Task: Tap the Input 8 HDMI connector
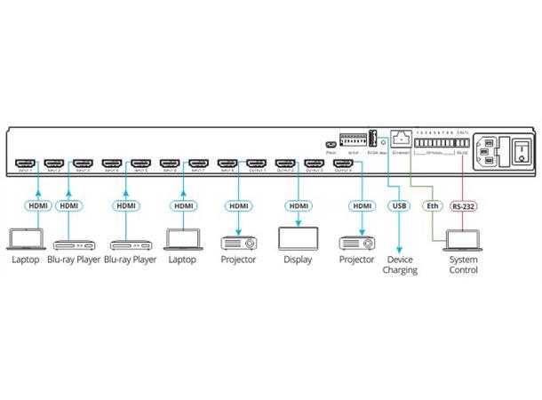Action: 227,164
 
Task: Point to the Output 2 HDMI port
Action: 284,164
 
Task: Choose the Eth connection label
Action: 433,205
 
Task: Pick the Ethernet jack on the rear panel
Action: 401,139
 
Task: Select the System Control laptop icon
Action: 462,240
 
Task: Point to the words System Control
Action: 463,264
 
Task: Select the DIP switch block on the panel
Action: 353,140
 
